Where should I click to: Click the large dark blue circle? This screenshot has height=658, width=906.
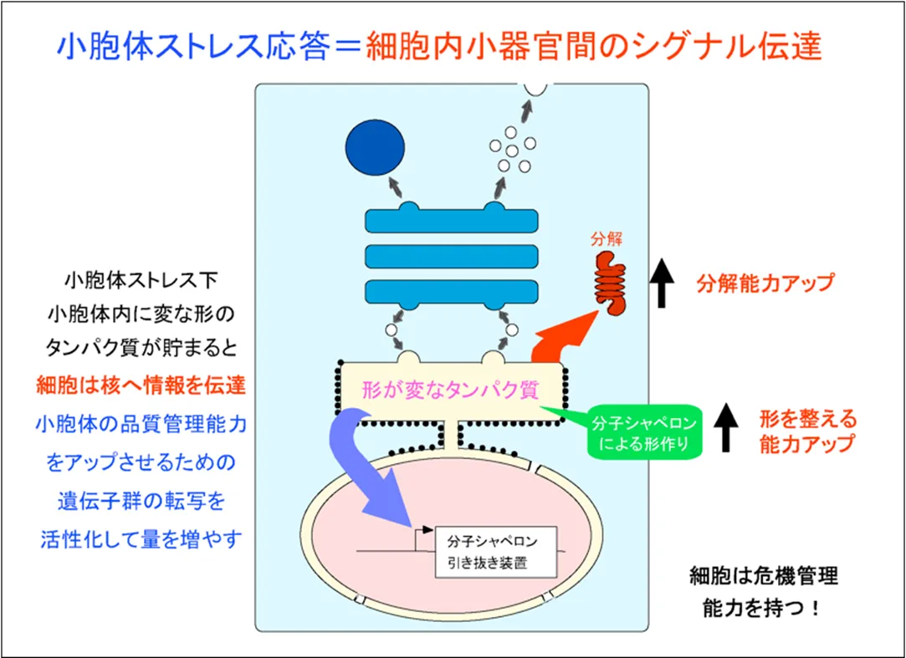click(x=375, y=147)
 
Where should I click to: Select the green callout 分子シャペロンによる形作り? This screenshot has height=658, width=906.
click(x=644, y=432)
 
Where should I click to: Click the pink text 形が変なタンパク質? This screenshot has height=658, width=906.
click(x=450, y=390)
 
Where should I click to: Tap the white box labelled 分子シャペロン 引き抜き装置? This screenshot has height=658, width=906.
click(x=496, y=552)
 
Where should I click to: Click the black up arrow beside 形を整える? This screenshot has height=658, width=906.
click(x=726, y=427)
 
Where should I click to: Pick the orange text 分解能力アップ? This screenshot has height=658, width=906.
click(x=765, y=283)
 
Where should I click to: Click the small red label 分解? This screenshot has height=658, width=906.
click(x=607, y=238)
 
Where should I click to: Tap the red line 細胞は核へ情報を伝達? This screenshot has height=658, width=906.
click(x=141, y=385)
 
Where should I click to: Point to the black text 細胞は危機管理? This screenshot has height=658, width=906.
click(x=764, y=576)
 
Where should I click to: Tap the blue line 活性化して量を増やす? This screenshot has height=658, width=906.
click(x=141, y=539)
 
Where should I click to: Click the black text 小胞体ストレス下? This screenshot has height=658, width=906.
click(x=141, y=280)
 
